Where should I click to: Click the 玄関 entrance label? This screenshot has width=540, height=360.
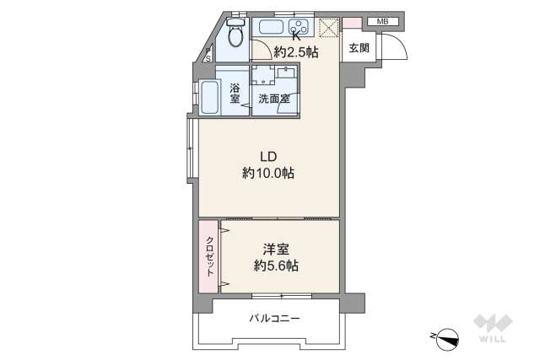[358, 48]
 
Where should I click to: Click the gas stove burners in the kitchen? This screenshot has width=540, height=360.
[299, 24]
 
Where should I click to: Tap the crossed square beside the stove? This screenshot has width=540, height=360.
[327, 26]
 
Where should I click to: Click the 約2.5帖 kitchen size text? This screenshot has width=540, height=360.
[295, 51]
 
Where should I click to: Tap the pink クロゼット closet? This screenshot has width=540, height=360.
[208, 255]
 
